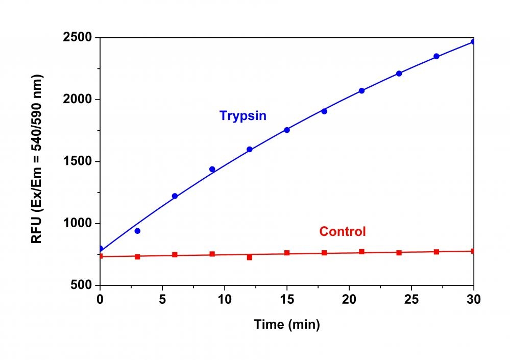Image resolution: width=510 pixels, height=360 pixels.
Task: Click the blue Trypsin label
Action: pyautogui.click(x=243, y=116)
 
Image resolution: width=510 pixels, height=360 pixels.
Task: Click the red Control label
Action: pyautogui.click(x=343, y=231)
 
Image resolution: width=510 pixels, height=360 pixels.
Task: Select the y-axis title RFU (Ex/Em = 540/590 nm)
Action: pyautogui.click(x=37, y=159)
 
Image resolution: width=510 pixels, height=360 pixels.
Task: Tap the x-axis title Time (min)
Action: pyautogui.click(x=287, y=324)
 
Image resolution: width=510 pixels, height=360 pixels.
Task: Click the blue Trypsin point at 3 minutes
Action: pyautogui.click(x=137, y=231)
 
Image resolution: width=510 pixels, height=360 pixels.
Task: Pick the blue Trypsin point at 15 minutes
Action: pyautogui.click(x=287, y=130)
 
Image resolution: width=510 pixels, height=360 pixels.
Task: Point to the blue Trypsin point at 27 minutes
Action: pyautogui.click(x=436, y=56)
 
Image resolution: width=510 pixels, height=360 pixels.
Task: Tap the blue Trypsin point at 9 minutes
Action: pyautogui.click(x=212, y=169)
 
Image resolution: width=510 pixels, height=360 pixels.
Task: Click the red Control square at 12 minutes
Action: pyautogui.click(x=250, y=257)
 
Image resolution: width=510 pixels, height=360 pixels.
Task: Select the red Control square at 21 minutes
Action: pyautogui.click(x=361, y=252)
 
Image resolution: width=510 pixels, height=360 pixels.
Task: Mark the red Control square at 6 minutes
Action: pyautogui.click(x=175, y=255)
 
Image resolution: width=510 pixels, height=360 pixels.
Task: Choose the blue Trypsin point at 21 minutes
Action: pyautogui.click(x=361, y=91)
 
